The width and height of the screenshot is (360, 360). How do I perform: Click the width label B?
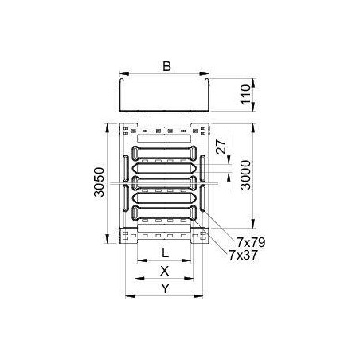tap(166, 66)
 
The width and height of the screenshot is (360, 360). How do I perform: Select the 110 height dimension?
tap(245, 95)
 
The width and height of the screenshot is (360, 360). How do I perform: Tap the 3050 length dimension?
tap(99, 182)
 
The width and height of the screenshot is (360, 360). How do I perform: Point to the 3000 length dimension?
tap(245, 175)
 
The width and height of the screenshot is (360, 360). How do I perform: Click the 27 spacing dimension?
tap(221, 147)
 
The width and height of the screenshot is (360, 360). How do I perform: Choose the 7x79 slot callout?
tap(251, 242)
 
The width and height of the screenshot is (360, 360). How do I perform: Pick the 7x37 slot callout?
tap(243, 255)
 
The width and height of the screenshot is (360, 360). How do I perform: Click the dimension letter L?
tap(165, 252)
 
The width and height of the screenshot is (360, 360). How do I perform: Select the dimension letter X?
tap(165, 271)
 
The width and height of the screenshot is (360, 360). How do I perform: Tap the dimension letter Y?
tap(165, 288)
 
